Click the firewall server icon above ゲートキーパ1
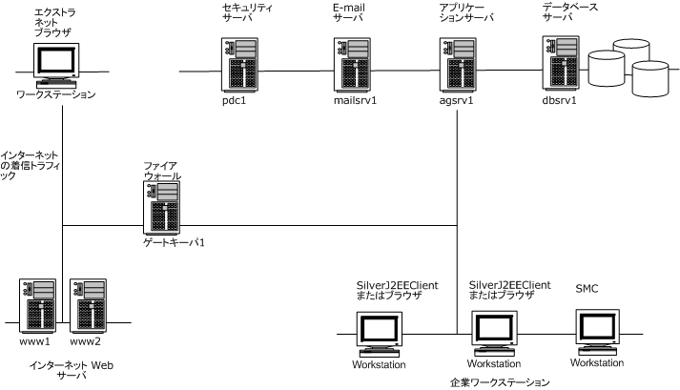tap(161, 208)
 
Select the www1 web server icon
tap(36, 304)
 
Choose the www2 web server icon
tap(87, 304)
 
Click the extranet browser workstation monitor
tap(55, 64)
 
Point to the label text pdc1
tap(234, 102)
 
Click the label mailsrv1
tap(355, 102)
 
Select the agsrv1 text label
tap(458, 102)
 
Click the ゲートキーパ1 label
tap(174, 242)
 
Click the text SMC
tap(587, 288)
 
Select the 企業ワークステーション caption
tap(499, 381)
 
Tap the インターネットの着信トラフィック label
tap(32, 164)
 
